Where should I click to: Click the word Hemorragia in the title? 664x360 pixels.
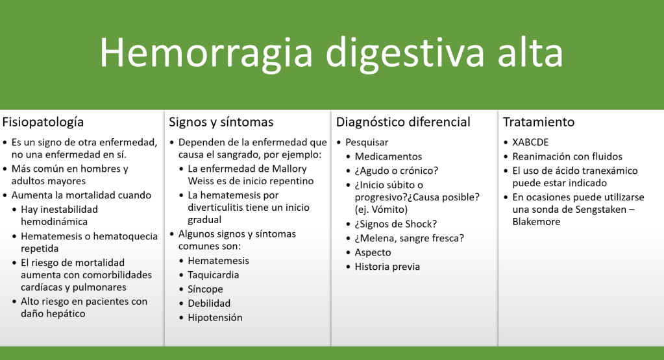(206, 53)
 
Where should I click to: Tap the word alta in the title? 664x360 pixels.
(530, 52)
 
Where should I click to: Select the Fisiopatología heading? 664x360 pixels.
(43, 122)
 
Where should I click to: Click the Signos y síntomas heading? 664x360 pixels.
(221, 122)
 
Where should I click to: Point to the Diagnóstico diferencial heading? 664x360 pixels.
(403, 122)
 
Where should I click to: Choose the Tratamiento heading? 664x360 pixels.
(539, 122)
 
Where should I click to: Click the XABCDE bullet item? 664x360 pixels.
(530, 143)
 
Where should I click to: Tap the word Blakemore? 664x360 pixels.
(536, 222)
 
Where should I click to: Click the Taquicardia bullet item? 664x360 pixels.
(214, 275)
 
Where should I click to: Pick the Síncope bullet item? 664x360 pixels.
(205, 289)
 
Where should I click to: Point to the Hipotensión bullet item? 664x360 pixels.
(215, 318)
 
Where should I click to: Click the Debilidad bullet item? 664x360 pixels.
(209, 304)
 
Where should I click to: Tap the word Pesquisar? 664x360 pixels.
(367, 143)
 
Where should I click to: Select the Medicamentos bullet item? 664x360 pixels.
(388, 156)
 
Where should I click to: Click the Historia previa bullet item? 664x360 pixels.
(387, 267)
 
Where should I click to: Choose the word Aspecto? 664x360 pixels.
(373, 252)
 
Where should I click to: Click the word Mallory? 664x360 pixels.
(289, 169)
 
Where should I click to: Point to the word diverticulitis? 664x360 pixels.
(216, 208)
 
